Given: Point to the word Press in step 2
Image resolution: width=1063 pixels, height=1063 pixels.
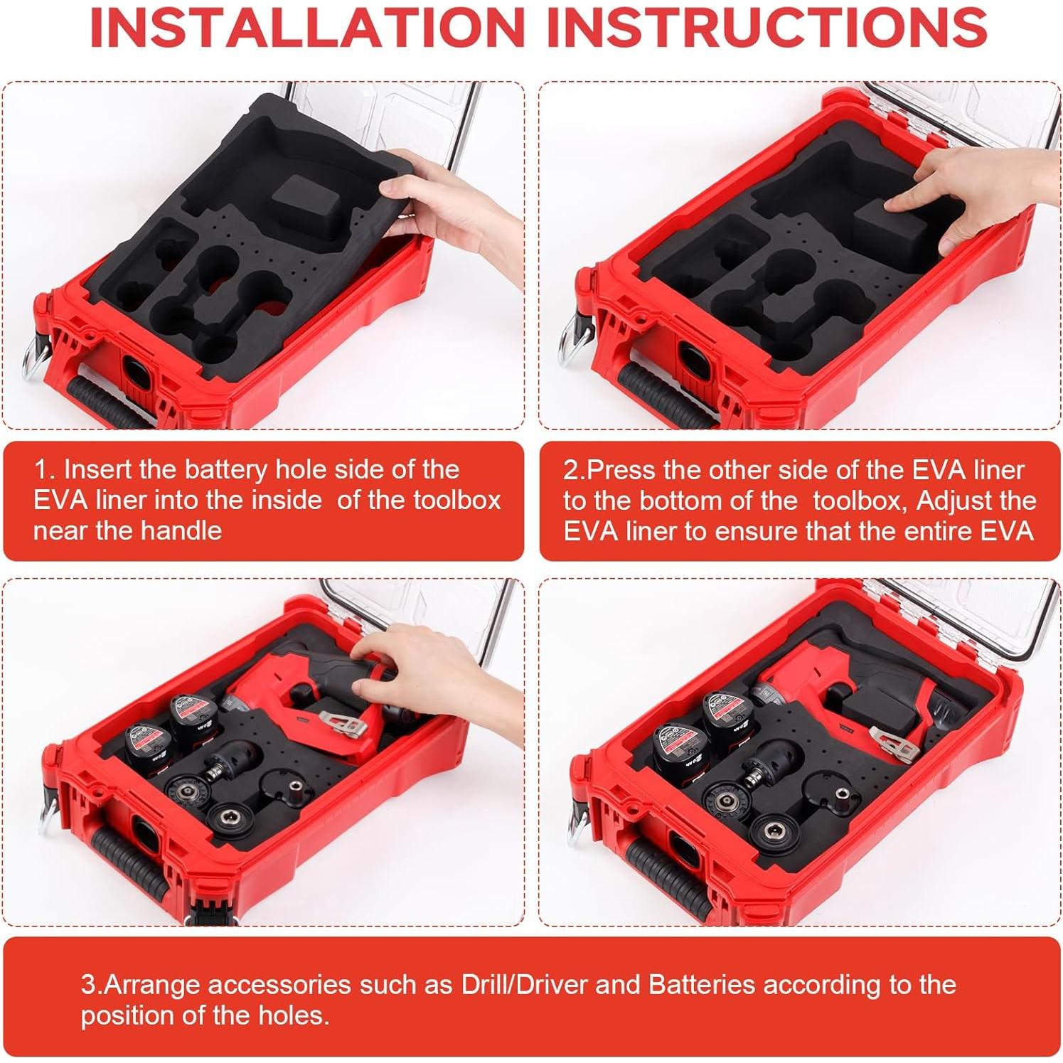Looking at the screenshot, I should point(618,470).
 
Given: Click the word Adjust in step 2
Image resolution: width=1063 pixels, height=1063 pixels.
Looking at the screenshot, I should point(957,501).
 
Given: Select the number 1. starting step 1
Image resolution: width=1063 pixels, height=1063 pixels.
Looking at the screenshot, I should point(45,470).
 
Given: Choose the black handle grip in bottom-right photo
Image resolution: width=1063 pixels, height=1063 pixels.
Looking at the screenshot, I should point(665,882).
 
